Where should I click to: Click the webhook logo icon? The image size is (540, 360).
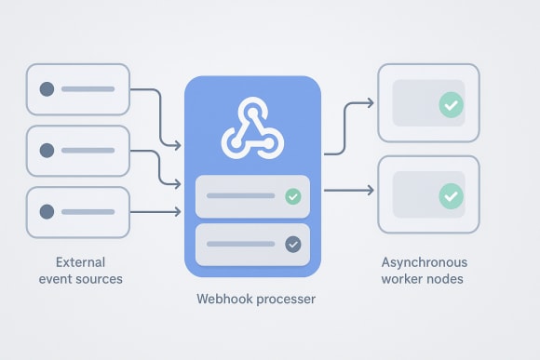[251, 130]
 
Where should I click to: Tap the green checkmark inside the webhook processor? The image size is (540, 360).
[292, 196]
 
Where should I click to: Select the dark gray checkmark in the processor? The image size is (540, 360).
[292, 245]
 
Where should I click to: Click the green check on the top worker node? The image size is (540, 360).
[451, 105]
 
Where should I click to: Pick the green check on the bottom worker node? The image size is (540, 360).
[451, 195]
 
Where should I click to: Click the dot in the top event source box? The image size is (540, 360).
[46, 89]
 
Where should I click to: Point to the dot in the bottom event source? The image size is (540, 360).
[46, 212]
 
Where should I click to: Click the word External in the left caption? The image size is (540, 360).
[80, 261]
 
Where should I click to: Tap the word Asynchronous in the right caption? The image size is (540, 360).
[425, 262]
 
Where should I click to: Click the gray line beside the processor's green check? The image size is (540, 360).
[239, 196]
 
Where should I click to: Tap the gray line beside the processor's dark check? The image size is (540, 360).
[239, 245]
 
